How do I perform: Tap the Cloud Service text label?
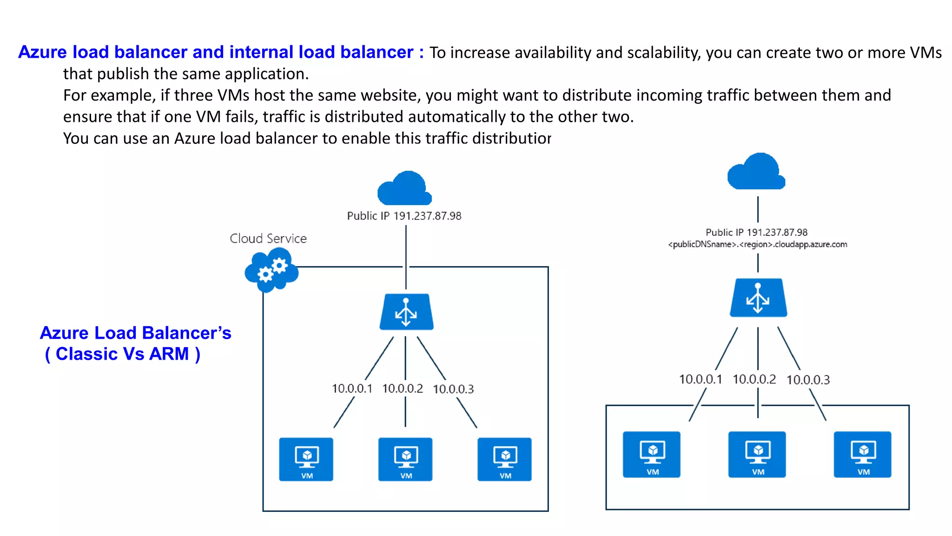click(268, 239)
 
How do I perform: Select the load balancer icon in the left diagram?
click(406, 312)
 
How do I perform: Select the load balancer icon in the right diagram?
click(758, 298)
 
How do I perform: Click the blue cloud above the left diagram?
click(405, 189)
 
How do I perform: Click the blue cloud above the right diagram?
click(756, 172)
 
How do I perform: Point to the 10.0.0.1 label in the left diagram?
click(352, 389)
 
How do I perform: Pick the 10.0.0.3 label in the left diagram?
click(453, 389)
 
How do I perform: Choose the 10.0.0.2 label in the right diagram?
click(754, 380)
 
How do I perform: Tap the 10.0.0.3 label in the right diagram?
click(808, 380)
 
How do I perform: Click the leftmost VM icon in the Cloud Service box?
click(306, 459)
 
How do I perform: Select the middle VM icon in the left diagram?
click(405, 459)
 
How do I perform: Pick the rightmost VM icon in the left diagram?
click(504, 459)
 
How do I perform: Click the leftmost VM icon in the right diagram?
click(652, 455)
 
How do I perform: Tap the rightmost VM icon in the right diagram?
click(862, 455)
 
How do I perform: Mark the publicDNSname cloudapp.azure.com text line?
click(758, 245)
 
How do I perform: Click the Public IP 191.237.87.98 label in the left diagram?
click(404, 216)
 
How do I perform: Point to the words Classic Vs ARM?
click(123, 354)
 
